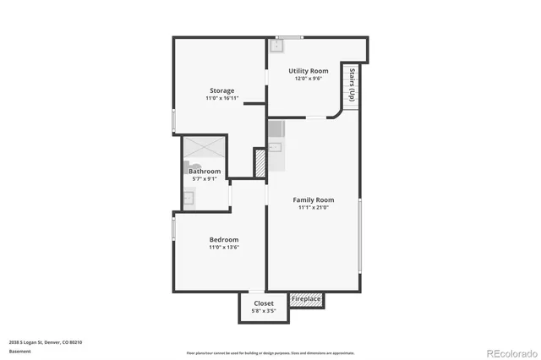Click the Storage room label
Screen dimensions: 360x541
[222, 90]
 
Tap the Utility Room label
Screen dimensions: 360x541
[308, 71]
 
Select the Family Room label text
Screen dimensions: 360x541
[313, 200]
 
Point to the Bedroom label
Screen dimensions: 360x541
[224, 239]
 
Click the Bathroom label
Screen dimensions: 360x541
[205, 172]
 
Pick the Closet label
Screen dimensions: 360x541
[263, 303]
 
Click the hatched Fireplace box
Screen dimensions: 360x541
[306, 299]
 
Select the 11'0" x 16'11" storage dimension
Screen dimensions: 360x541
[222, 99]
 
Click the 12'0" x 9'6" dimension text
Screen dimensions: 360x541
[308, 79]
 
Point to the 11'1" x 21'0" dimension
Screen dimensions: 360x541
[313, 208]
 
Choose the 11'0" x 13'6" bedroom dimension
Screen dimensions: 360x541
[224, 247]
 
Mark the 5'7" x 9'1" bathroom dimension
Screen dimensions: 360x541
[205, 179]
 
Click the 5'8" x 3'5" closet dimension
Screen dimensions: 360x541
[263, 310]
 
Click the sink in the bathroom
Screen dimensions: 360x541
[189, 199]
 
